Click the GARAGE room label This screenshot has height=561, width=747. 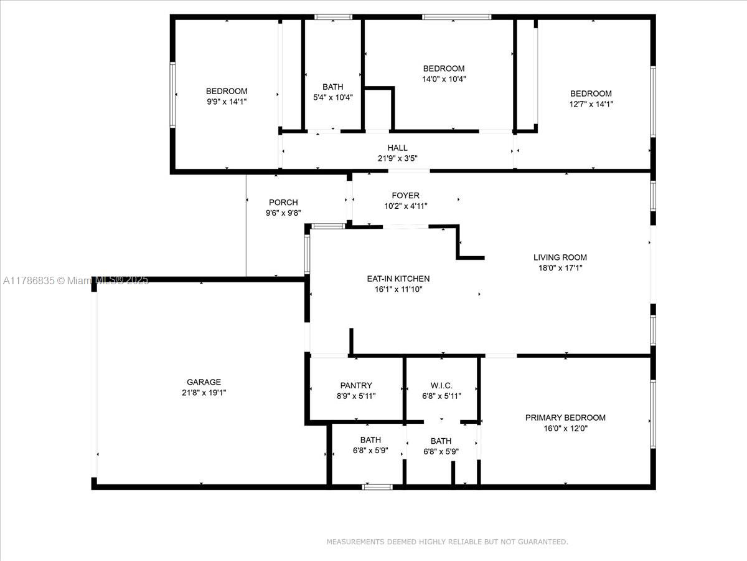point(204,382)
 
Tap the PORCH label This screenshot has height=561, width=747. point(283,203)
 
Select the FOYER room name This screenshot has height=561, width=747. point(406,196)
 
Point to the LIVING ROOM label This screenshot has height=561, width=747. point(560,257)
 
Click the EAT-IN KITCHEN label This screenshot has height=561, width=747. point(398,279)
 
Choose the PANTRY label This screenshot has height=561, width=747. point(356,386)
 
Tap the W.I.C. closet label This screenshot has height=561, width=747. point(441,386)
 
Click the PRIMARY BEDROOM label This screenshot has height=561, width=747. point(565,418)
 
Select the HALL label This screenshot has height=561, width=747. point(398,148)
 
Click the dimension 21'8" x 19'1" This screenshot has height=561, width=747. point(204,393)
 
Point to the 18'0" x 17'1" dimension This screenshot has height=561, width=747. point(560,268)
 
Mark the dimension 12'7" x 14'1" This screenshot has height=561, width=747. point(591,104)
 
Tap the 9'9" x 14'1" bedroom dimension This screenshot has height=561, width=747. point(227,102)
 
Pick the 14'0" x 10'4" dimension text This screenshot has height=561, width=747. point(444,79)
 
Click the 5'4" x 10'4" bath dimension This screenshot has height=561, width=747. point(333,98)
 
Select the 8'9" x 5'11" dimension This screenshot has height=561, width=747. point(356,396)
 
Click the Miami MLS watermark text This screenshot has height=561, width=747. point(75,280)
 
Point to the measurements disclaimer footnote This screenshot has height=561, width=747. point(447,542)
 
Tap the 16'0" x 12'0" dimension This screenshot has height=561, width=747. point(565,428)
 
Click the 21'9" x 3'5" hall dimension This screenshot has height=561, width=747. point(398,158)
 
